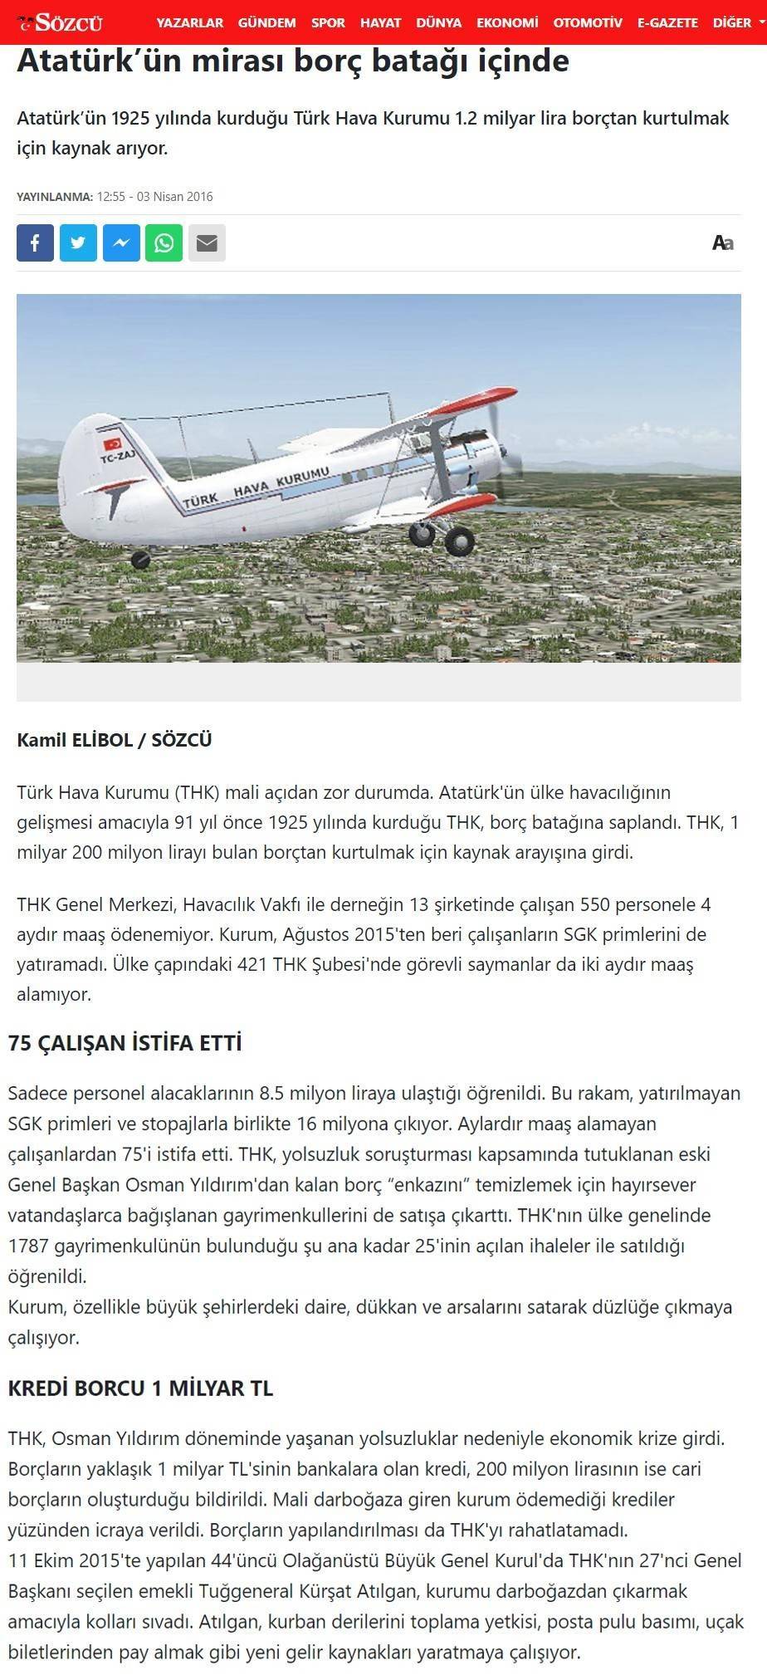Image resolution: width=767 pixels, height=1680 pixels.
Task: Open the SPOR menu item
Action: [328, 23]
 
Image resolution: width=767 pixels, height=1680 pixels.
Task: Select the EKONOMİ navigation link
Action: [507, 23]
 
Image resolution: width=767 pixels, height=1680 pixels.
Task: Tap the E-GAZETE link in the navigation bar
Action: [667, 23]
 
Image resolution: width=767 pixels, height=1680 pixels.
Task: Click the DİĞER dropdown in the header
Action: [735, 23]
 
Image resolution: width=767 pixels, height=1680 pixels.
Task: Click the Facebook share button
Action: [35, 242]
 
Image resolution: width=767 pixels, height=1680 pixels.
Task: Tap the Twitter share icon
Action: [78, 242]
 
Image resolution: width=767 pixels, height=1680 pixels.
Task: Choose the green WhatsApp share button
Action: [164, 242]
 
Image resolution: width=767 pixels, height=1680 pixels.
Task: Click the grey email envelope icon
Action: [207, 242]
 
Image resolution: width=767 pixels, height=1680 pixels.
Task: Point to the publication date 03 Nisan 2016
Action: [174, 197]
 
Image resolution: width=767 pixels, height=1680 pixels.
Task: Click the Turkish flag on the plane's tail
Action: [112, 443]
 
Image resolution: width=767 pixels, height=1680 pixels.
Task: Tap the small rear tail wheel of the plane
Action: [141, 559]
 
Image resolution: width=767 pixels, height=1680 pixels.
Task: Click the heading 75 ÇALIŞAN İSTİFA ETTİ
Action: [125, 1043]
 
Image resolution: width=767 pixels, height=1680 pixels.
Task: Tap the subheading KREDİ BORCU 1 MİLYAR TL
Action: [140, 1389]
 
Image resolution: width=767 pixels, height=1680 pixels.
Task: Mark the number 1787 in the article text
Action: [29, 1246]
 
